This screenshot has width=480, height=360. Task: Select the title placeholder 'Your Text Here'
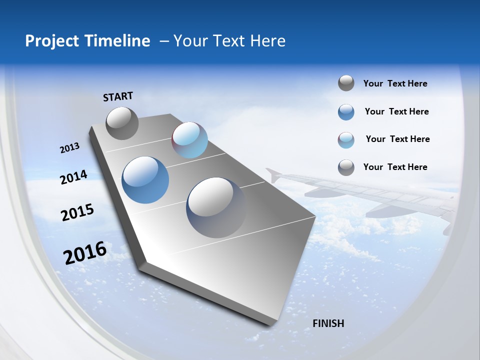point(229,41)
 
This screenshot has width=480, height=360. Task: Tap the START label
point(118,96)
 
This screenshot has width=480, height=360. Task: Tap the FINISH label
point(328,323)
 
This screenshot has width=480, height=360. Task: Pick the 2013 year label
point(70,148)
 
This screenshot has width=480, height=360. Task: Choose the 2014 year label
point(74,177)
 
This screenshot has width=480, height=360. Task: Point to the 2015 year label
point(77,212)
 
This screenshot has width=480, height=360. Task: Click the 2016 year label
point(85,253)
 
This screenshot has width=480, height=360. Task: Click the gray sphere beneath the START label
point(122,123)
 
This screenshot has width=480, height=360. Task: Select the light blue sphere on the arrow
point(189,140)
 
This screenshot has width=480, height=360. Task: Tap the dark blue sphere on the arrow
point(145,180)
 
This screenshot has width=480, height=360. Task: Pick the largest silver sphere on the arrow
point(216,207)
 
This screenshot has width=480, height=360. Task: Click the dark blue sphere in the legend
point(346,112)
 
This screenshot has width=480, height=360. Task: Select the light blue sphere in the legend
point(346,140)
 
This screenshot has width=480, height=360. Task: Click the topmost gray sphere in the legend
point(346,83)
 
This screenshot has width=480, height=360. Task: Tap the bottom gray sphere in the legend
point(346,167)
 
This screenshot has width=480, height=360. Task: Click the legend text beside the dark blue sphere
point(396,111)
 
